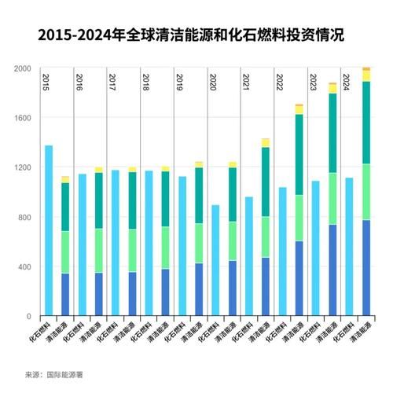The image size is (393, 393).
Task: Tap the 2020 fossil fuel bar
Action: tap(215, 260)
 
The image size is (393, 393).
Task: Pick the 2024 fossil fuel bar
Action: tap(349, 247)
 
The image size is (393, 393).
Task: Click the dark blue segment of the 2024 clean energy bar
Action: tap(365, 268)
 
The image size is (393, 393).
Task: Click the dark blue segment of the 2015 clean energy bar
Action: tap(65, 295)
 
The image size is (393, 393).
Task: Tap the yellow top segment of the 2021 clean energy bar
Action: tap(266, 142)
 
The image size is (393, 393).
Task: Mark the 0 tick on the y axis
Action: tap(28, 316)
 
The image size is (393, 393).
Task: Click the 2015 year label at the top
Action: tap(47, 80)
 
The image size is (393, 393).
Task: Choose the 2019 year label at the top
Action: tap(180, 80)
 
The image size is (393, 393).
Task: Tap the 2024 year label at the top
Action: tap(347, 80)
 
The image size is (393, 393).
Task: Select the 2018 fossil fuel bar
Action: tap(149, 243)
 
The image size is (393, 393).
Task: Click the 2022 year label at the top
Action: tap(280, 80)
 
